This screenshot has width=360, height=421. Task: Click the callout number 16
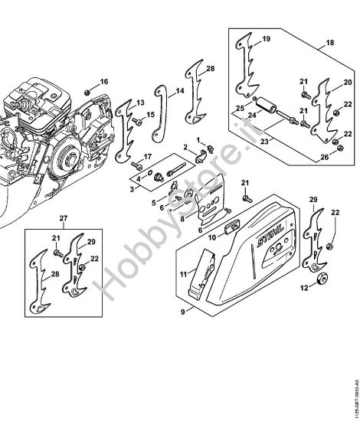(105, 82)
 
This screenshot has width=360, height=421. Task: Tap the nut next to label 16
(89, 93)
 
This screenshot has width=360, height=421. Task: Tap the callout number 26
(325, 157)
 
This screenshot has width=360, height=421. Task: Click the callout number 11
(183, 273)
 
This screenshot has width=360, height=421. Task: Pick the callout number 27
(64, 217)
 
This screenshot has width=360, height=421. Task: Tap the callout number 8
(182, 217)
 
